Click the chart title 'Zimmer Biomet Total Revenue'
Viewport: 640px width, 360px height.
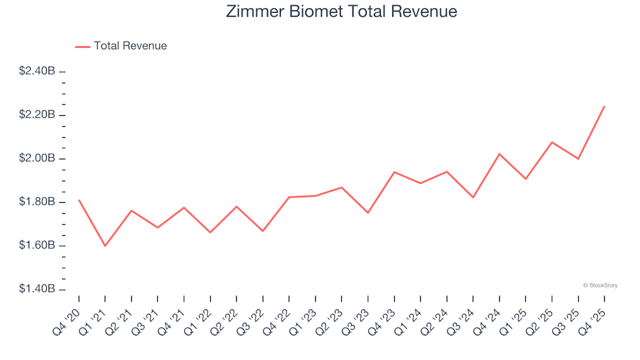point(341,12)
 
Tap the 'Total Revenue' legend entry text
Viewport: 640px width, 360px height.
point(130,46)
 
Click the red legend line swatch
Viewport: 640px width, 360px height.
point(83,46)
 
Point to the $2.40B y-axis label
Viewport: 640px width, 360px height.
point(37,71)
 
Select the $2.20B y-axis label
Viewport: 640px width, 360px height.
point(37,115)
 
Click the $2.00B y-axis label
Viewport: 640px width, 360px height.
point(37,159)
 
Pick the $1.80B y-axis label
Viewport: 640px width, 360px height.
point(37,202)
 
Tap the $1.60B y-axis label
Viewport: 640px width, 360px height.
point(37,246)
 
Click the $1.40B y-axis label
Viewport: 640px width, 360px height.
point(37,289)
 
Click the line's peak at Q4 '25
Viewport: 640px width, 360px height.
point(604,106)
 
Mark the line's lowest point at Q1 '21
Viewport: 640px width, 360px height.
point(105,246)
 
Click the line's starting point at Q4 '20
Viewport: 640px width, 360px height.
point(79,200)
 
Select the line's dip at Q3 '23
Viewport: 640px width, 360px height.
point(368,213)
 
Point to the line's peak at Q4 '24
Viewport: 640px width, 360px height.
point(499,154)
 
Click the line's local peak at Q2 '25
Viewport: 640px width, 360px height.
point(552,142)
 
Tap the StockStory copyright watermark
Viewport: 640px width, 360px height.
point(600,285)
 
